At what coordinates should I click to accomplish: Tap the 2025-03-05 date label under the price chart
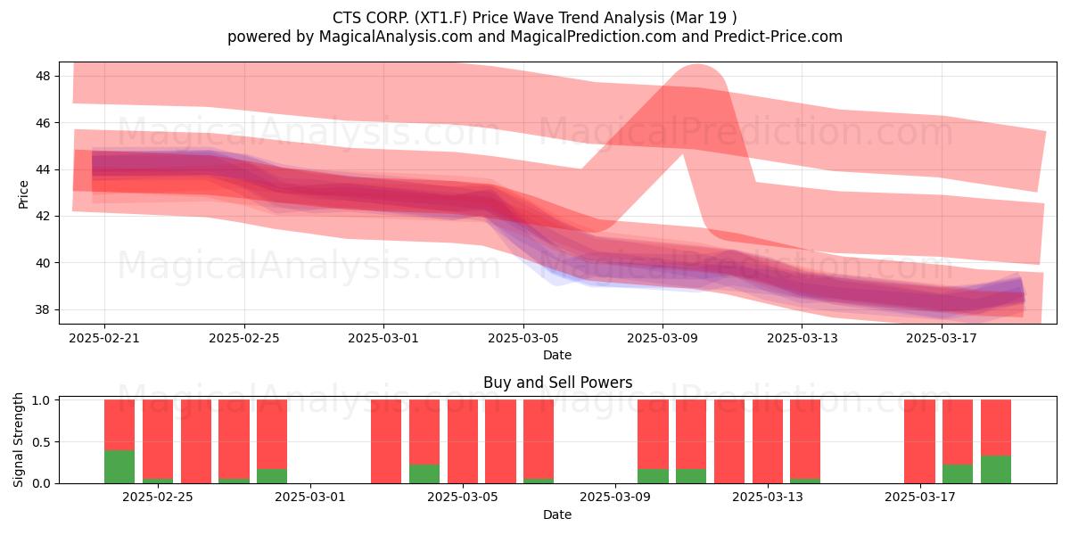(523, 338)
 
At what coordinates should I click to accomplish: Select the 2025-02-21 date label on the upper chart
(104, 338)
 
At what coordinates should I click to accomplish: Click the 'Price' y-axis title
(23, 194)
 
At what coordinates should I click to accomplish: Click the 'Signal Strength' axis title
(18, 440)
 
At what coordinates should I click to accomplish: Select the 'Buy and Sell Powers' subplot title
(557, 383)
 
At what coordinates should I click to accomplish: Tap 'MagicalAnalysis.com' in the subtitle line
(396, 37)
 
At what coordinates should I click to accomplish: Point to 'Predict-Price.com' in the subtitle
(778, 37)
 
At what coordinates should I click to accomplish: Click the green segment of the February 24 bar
(119, 466)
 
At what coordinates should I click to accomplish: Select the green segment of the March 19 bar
(996, 470)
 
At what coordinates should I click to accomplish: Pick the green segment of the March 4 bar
(424, 473)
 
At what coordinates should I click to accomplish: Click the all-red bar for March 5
(463, 441)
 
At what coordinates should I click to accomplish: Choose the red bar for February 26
(196, 441)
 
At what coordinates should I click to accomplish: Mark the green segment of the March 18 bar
(958, 473)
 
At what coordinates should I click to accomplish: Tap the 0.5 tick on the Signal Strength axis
(42, 442)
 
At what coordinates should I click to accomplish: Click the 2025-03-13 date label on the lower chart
(768, 498)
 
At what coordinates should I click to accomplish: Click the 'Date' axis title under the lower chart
(557, 514)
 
